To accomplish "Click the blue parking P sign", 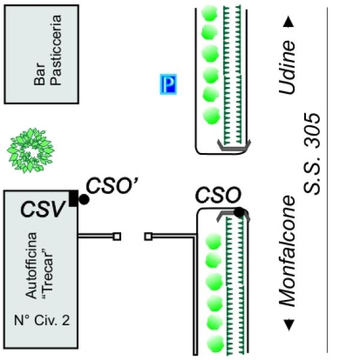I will click(169, 85).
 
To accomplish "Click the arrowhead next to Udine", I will click(289, 22).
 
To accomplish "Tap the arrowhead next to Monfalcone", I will click(289, 325).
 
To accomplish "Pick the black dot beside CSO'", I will click(85, 200).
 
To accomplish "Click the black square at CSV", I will click(73, 198).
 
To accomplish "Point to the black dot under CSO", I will click(239, 212).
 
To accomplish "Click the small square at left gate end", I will click(117, 236).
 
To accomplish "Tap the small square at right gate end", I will click(148, 236).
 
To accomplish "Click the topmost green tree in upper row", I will click(209, 12).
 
